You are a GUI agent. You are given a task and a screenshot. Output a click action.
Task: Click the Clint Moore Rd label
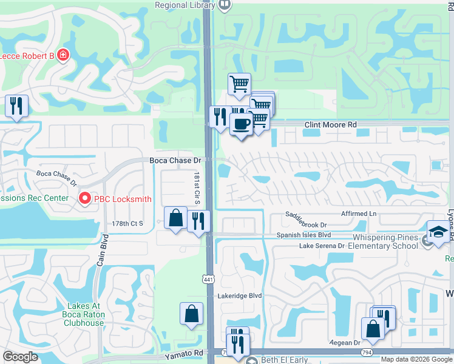tap(330, 125)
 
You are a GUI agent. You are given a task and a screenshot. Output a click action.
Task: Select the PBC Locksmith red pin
tap(85, 198)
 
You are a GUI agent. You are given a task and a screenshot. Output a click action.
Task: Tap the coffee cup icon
tap(241, 124)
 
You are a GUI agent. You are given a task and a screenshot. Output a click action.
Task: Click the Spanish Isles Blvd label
tap(303, 235)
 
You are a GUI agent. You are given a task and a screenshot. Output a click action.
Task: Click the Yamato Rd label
tap(183, 353)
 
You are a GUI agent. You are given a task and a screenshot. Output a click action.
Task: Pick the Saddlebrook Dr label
tap(307, 215)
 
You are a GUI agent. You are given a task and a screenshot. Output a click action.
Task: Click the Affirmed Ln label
tap(359, 214)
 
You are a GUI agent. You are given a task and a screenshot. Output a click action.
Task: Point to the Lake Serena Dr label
tap(322, 246)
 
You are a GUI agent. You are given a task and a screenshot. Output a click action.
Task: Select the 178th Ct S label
tap(127, 223)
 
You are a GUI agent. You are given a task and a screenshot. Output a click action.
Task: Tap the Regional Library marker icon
tap(225, 5)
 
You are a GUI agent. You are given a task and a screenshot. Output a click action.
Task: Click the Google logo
tap(20, 356)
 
